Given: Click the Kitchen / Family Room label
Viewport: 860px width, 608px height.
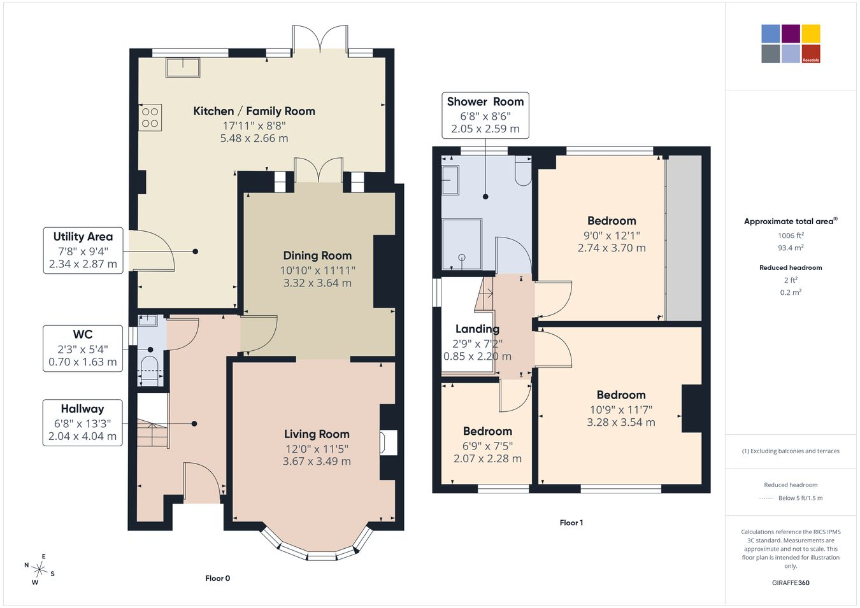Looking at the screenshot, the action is point(254,111).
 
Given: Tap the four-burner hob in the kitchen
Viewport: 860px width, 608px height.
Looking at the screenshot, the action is point(150,117).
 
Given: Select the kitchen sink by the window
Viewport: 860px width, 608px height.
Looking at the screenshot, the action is point(183,67).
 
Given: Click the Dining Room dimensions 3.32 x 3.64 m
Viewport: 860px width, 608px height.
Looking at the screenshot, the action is point(317,283).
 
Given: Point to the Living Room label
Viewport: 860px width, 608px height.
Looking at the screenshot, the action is point(317,434).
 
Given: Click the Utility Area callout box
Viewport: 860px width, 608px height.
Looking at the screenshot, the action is point(83,250).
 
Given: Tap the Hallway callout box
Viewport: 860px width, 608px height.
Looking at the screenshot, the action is point(83,423).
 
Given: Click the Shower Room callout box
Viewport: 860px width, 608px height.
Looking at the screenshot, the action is point(485,115).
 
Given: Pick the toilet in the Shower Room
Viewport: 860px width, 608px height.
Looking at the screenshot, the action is point(523,171).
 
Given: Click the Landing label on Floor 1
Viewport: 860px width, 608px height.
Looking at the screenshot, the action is point(477,329).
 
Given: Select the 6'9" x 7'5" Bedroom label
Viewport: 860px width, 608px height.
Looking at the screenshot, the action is point(487,444).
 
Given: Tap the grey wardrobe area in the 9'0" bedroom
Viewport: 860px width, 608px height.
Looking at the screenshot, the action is point(684,238).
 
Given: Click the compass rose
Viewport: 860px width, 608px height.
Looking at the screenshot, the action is point(39,570).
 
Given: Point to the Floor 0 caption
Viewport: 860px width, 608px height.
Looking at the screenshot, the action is point(217,578).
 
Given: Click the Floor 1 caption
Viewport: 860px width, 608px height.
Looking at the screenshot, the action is point(571,523).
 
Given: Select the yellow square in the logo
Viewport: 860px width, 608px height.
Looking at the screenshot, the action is point(811,34).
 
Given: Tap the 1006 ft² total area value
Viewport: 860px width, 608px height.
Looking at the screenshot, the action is point(791,236).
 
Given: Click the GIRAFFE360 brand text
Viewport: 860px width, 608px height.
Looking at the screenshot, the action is point(791,583).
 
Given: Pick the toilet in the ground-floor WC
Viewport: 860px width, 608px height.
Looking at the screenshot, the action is point(150,371).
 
